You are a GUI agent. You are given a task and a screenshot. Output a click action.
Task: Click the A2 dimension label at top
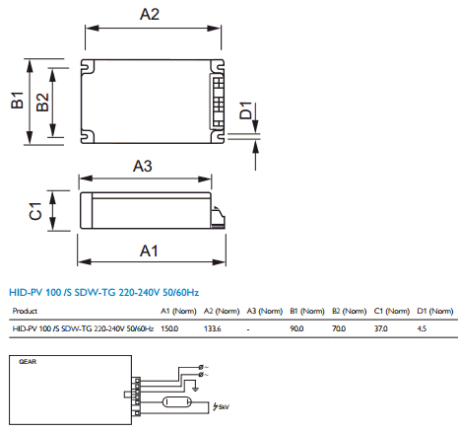(150, 15)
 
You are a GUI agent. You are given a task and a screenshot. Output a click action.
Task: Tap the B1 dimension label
(18, 100)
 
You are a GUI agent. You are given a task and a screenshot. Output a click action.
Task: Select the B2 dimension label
(42, 102)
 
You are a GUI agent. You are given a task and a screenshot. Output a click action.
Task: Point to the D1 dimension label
(245, 110)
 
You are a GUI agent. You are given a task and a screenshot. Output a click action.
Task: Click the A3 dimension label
(143, 166)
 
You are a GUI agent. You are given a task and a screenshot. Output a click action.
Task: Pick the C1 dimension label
(35, 211)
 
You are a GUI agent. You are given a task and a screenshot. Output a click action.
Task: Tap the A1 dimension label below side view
(149, 251)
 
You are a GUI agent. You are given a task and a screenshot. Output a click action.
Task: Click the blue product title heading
(104, 292)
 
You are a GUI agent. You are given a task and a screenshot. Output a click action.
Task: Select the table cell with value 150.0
(169, 328)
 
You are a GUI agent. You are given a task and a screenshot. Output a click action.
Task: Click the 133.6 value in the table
(213, 328)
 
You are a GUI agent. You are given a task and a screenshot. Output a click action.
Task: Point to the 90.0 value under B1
(296, 328)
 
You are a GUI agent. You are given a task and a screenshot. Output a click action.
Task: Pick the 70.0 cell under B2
(339, 328)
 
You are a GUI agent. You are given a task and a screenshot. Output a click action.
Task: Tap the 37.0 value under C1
(381, 328)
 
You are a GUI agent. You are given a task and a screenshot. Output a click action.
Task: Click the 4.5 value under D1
(422, 328)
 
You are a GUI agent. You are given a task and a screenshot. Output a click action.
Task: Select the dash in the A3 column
(248, 329)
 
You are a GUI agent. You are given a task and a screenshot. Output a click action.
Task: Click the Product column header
(25, 311)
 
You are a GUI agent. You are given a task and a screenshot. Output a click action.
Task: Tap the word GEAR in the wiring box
(28, 362)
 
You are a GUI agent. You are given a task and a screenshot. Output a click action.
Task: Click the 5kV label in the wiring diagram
(224, 407)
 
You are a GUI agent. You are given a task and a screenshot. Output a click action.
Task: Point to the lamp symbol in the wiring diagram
(175, 402)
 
